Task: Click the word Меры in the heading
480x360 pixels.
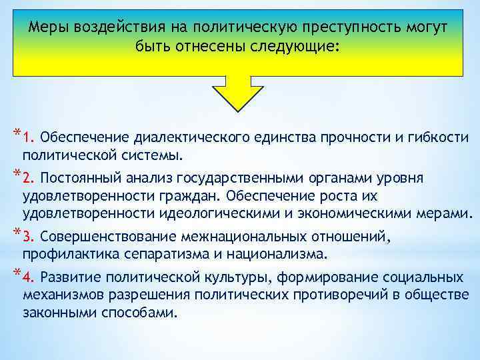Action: pos(51,29)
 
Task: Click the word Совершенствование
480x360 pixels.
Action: pos(101,237)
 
